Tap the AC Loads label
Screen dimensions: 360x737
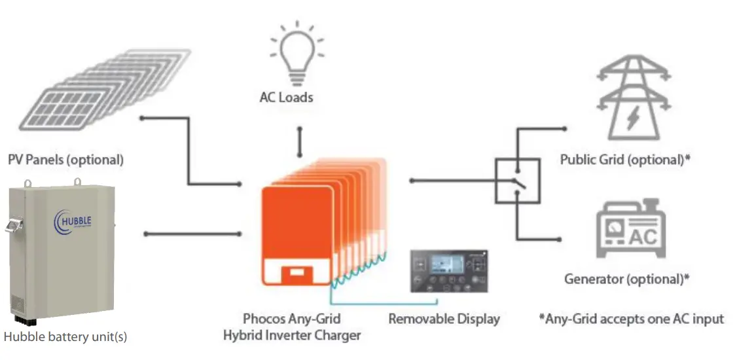286,98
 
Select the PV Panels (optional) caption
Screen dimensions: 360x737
65,159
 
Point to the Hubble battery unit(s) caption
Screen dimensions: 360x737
65,337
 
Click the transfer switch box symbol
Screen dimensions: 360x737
517,181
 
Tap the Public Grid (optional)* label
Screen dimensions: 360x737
626,160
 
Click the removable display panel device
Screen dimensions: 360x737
448,270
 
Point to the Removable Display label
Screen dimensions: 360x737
444,319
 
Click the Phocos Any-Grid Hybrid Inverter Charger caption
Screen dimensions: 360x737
292,327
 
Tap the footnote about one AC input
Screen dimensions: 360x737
631,319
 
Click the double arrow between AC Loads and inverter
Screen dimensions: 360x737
300,142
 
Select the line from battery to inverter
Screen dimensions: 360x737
193,233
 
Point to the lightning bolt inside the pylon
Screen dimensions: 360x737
632,119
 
